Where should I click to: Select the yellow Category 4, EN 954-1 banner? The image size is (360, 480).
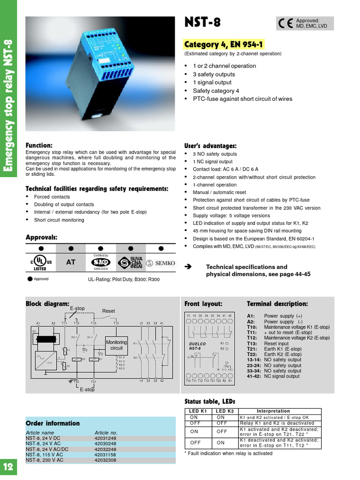tap(224, 45)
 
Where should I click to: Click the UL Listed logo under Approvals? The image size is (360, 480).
tap(40, 263)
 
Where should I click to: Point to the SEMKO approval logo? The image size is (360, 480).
tap(161, 263)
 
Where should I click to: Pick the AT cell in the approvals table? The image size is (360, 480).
tap(70, 262)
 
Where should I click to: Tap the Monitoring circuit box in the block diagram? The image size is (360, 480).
tap(116, 345)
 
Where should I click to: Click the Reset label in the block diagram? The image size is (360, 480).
tap(108, 311)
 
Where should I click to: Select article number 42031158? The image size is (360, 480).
tap(105, 455)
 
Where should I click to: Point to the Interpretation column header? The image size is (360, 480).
tap(273, 411)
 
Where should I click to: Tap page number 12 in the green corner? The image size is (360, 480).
tap(8, 466)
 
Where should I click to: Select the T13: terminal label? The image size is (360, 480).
tap(252, 344)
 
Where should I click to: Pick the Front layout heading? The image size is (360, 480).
tap(203, 304)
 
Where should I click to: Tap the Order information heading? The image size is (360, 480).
tap(52, 423)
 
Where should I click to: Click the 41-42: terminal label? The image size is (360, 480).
tap(254, 376)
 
